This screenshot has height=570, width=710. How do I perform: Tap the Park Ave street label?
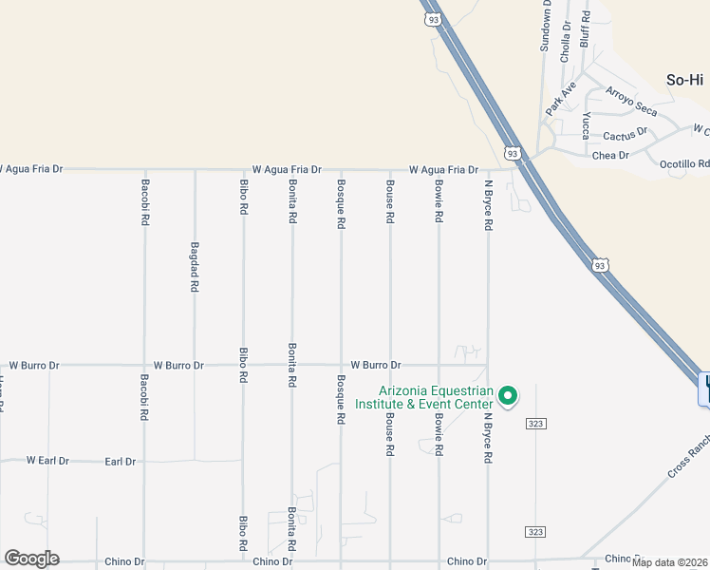[560, 100]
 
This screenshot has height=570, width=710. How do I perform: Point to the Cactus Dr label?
[625, 134]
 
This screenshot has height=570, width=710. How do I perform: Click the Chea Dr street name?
[610, 155]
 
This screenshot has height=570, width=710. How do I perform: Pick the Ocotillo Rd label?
[684, 163]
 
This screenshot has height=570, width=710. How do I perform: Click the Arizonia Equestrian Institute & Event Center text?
[436, 397]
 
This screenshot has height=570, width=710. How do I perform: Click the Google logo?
[31, 559]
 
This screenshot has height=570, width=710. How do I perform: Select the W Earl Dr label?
[47, 461]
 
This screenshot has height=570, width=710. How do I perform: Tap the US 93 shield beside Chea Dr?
[513, 153]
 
